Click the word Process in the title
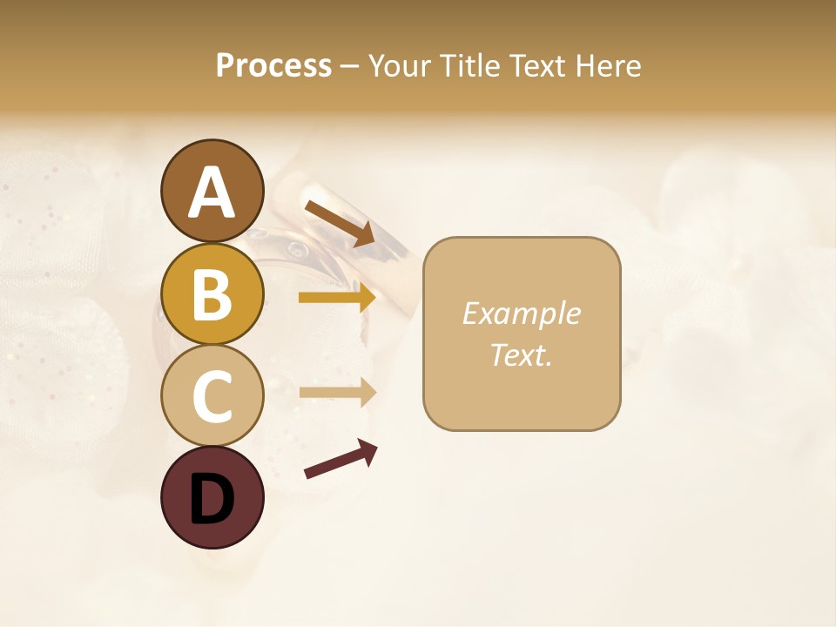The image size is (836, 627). pos(273,66)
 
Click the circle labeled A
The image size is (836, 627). pos(212,191)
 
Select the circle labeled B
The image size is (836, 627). pos(212,293)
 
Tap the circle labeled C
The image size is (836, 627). pos(212,395)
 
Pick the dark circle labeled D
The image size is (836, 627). pos(212,497)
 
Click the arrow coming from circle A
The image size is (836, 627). pos(340,223)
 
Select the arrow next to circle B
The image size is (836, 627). pos(337,298)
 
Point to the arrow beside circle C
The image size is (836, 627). pos(337,392)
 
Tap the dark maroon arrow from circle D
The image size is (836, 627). pos(340,459)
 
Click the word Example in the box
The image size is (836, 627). pos(521,313)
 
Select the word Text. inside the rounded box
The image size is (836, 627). pos(521,355)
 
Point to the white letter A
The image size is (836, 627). pos(212,192)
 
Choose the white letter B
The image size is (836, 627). pos(212,294)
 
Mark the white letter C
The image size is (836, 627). pos(212,396)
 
